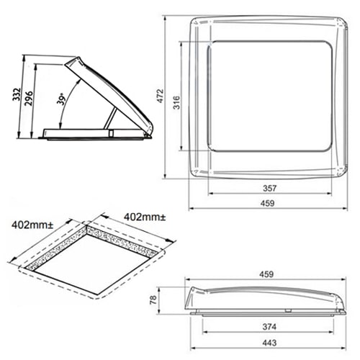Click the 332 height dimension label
coord(17,94)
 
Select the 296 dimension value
coord(29,98)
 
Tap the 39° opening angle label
coord(61,99)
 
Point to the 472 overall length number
coord(161,96)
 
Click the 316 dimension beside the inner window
coord(176,102)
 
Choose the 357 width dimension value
coord(270,188)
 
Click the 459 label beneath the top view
coord(267,203)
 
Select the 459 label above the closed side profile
coord(266,274)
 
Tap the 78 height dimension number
coord(153,300)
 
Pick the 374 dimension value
coord(269,326)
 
